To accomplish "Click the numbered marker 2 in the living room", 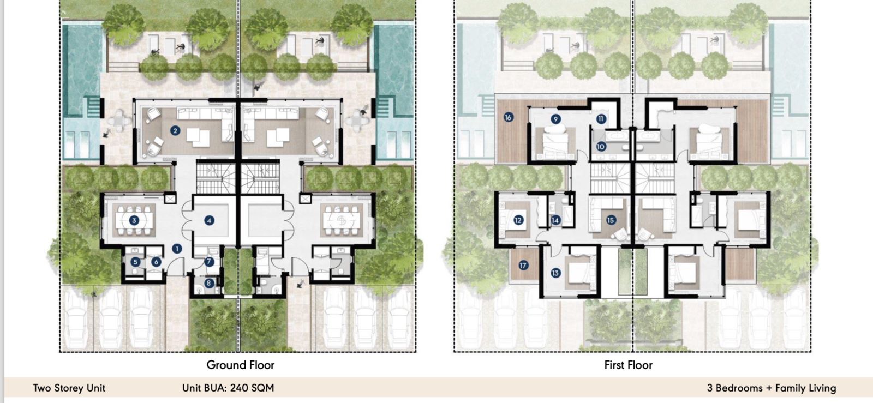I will [175, 130].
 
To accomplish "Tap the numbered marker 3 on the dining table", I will [134, 220].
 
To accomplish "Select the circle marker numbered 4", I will [209, 220].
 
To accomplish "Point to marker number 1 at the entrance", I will [177, 248].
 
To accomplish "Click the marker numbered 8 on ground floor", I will [209, 283].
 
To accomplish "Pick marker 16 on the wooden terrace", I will [508, 117].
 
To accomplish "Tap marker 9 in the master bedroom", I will [555, 119].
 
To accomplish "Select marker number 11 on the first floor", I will [601, 118].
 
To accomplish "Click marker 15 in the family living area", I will [611, 220].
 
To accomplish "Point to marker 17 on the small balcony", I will [523, 266].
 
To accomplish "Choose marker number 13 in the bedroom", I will [555, 273].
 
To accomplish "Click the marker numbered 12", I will [518, 220].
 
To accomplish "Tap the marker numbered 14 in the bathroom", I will [555, 220].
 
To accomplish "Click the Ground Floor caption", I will [240, 365].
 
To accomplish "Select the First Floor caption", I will [628, 365].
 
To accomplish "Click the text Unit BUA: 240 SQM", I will [228, 388].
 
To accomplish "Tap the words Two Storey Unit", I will [69, 388].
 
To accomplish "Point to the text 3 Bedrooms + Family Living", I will [771, 388].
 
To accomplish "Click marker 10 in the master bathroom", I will [601, 146].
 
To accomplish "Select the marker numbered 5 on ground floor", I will [135, 262].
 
